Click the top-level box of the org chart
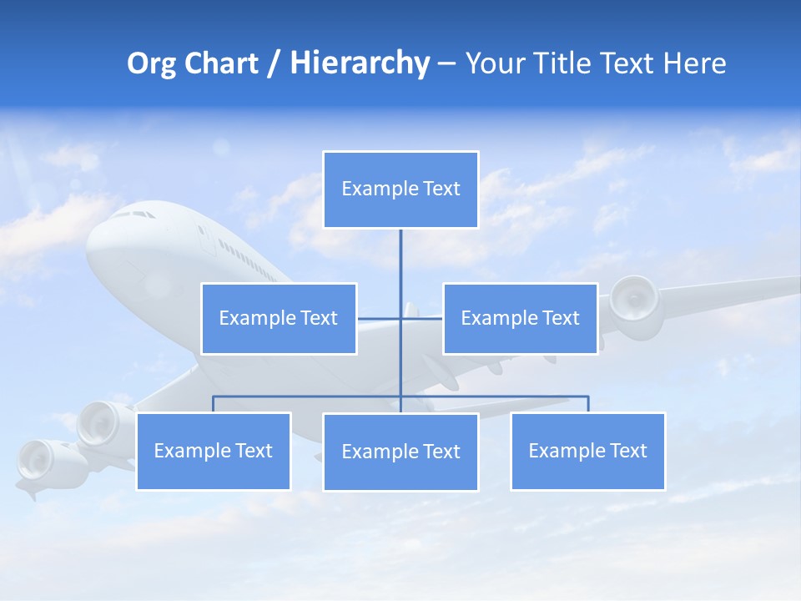400,189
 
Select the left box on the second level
279,318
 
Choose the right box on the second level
520,318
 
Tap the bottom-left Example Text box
214,451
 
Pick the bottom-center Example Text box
400,452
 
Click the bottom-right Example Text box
587,451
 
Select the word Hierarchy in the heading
359,63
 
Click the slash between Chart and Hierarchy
275,64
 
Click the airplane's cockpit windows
133,215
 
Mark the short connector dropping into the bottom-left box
214,404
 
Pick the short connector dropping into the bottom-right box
587,404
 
